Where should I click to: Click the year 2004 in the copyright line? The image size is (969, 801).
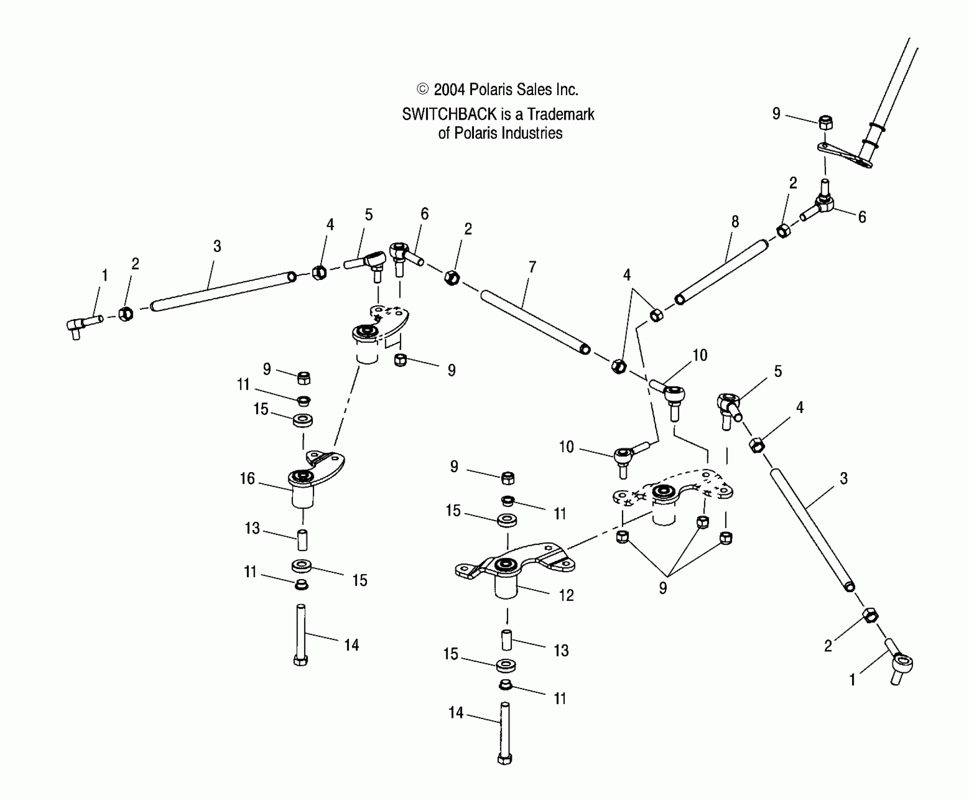(x=449, y=90)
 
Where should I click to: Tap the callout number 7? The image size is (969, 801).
(x=532, y=267)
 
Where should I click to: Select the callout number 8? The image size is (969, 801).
(x=735, y=222)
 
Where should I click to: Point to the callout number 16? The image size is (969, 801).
(x=247, y=479)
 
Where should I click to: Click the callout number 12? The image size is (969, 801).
(x=566, y=596)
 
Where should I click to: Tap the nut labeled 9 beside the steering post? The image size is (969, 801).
(x=826, y=123)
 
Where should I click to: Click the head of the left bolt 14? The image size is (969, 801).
(x=301, y=660)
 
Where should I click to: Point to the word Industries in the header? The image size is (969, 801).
(x=532, y=133)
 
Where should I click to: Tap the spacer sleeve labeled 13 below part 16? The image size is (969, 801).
(x=302, y=540)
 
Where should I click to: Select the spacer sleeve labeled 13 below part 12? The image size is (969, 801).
(x=506, y=640)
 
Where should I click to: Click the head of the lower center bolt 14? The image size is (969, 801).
(x=505, y=759)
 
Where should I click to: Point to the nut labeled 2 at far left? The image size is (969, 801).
(x=125, y=314)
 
